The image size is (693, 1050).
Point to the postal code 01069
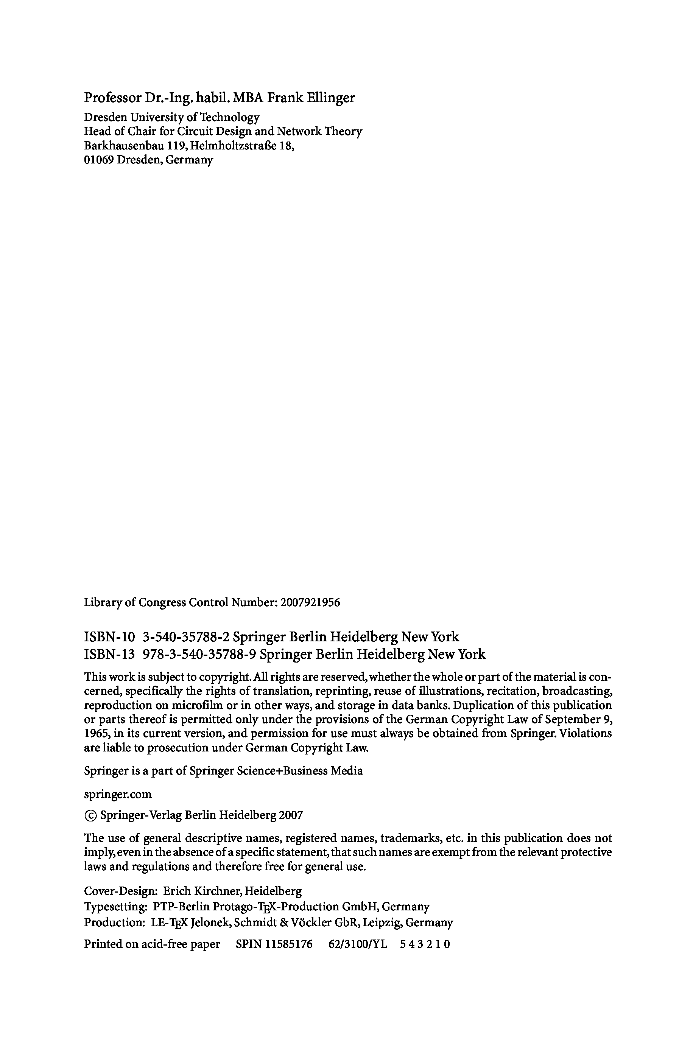point(99,160)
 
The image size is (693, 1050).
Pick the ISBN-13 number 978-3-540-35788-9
point(200,654)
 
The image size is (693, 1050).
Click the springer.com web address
point(118,795)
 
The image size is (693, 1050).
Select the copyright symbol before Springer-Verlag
point(90,815)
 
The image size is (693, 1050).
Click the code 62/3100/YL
point(358,944)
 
